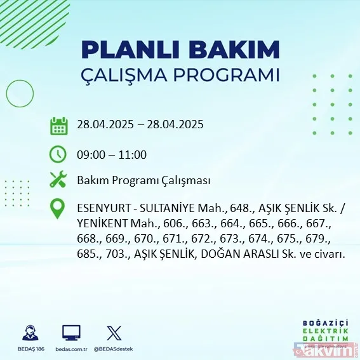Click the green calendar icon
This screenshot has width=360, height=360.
point(58,126)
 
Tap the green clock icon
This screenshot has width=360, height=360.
point(58,154)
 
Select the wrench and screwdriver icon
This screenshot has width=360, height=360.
point(58,180)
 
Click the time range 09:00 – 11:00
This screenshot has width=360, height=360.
point(112,154)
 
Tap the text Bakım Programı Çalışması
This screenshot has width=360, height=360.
point(143,180)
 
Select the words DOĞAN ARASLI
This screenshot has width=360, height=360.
point(238,254)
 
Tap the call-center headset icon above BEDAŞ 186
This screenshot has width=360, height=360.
point(29,332)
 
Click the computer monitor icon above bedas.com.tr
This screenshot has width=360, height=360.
point(71,332)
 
